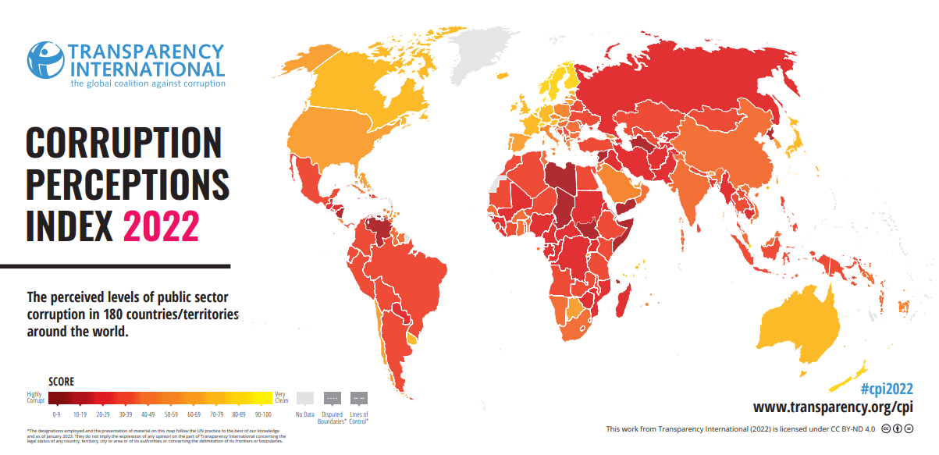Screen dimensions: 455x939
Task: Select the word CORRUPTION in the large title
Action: pyautogui.click(x=124, y=144)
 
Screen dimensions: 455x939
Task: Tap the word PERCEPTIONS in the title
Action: pyautogui.click(x=127, y=185)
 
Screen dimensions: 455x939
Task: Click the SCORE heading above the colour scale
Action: pyautogui.click(x=62, y=382)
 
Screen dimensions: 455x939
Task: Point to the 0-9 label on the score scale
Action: pyautogui.click(x=56, y=414)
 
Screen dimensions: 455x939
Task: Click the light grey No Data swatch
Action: pyautogui.click(x=306, y=398)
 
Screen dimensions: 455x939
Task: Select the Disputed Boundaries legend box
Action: pyautogui.click(x=332, y=398)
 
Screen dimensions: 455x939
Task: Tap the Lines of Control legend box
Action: pyautogui.click(x=359, y=398)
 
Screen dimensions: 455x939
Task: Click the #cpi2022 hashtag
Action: pyautogui.click(x=886, y=389)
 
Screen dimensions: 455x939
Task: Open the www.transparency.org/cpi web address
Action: pyautogui.click(x=833, y=407)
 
